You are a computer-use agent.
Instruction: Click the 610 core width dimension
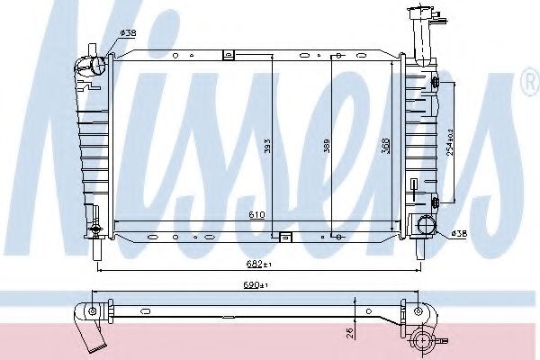tap(256, 214)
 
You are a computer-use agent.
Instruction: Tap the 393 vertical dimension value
tap(268, 146)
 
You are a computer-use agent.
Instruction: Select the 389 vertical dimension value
tap(327, 146)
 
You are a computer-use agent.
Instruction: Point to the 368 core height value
tap(386, 146)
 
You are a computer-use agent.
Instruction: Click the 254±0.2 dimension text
tap(450, 142)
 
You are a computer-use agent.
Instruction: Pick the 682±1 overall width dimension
tap(259, 265)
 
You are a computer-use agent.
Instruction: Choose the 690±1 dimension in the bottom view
tap(256, 285)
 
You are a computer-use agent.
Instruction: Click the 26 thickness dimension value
tap(349, 332)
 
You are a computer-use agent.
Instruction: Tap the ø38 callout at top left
tap(128, 33)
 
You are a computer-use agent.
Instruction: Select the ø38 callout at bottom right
tap(459, 234)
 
